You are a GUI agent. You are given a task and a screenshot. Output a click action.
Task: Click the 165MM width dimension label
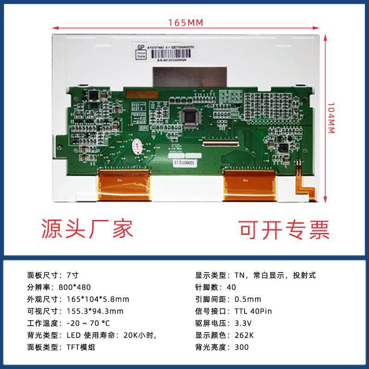click(186, 22)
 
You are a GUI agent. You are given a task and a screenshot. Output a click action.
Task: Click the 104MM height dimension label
click(330, 118)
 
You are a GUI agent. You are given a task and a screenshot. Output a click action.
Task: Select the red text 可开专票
click(284, 228)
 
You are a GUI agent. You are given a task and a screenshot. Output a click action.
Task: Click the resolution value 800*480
click(75, 287)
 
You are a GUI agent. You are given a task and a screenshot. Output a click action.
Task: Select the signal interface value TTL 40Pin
click(253, 311)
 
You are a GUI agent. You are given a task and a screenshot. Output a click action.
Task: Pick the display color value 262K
click(243, 335)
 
